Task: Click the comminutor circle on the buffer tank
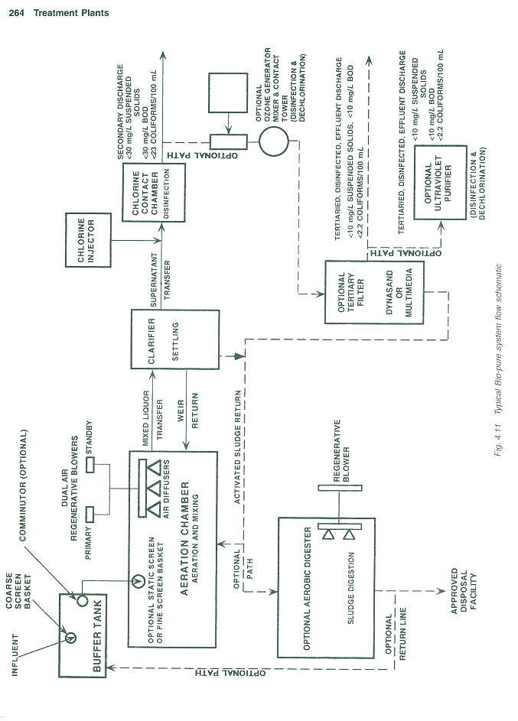(82, 601)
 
